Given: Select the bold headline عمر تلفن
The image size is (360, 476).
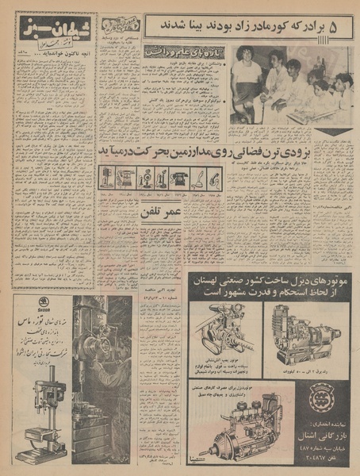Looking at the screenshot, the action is pos(160,213).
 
